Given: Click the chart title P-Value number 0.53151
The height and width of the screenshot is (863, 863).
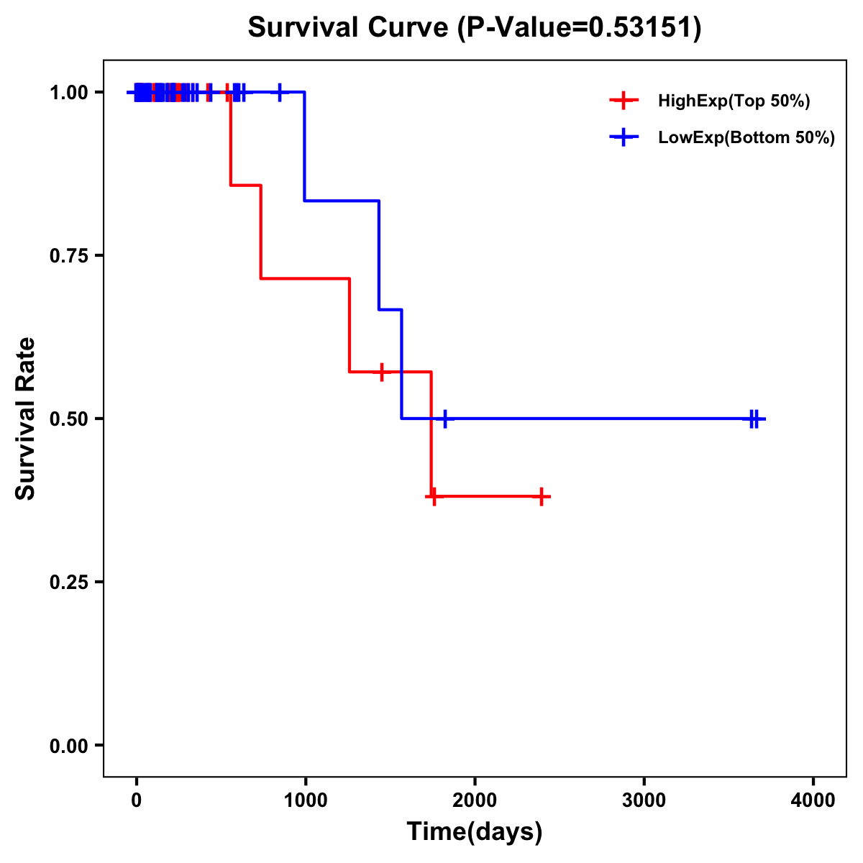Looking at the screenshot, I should pos(641,28).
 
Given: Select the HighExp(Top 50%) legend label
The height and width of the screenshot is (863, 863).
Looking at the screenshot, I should pos(734,101).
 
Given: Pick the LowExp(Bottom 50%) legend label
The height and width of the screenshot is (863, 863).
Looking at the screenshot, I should pos(746,138).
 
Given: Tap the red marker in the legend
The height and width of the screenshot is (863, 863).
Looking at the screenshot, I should pos(624,101).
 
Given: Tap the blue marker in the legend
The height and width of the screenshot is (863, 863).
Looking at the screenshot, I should pos(624,137).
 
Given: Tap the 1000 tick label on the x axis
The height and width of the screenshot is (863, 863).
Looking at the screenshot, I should pos(305,800).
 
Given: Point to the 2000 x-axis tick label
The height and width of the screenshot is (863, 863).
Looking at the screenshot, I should pos(475,800).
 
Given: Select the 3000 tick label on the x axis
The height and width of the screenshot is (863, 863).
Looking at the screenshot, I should pos(644,800).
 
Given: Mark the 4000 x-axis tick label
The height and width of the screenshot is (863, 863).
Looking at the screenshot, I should pos(813,800).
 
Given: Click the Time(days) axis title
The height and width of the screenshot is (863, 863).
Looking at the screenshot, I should pos(475,832).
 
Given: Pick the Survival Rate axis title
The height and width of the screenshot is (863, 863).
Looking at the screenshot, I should pos(26,419).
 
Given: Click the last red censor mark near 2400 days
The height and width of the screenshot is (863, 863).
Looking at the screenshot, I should pos(542,496).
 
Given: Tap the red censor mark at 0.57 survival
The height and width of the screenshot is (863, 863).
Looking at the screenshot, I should pos(381,372).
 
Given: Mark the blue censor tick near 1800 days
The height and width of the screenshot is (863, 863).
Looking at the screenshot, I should pos(445,419).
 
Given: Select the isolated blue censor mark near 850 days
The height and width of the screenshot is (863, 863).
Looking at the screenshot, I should pos(280,92).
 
